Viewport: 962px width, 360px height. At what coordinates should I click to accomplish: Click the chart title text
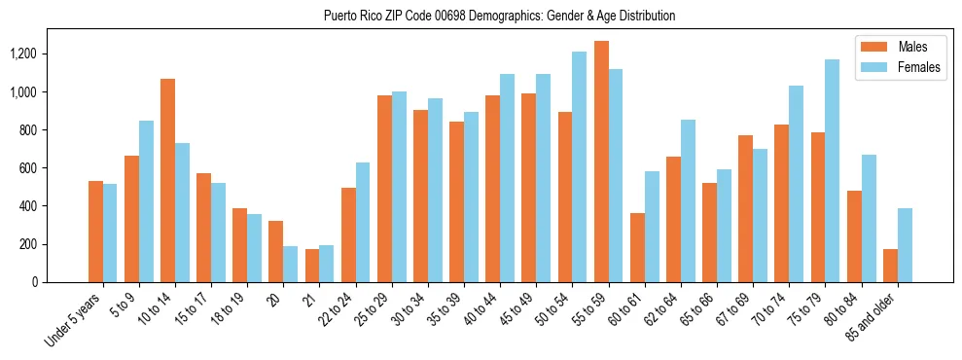pyautogui.click(x=499, y=16)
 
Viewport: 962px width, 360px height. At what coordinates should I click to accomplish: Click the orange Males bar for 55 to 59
pyautogui.click(x=601, y=162)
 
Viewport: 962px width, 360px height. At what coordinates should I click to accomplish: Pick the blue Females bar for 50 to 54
pyautogui.click(x=579, y=166)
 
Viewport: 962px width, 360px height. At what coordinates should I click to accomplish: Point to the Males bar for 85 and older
pyautogui.click(x=890, y=266)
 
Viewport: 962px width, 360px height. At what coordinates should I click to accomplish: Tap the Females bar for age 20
pyautogui.click(x=291, y=264)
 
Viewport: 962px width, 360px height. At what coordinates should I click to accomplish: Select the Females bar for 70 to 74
pyautogui.click(x=796, y=184)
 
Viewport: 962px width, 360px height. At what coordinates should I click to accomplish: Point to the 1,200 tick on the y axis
pyautogui.click(x=49, y=54)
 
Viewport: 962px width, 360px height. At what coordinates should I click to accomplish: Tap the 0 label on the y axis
pyautogui.click(x=62, y=282)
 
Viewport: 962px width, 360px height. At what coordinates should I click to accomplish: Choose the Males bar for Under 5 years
pyautogui.click(x=95, y=232)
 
